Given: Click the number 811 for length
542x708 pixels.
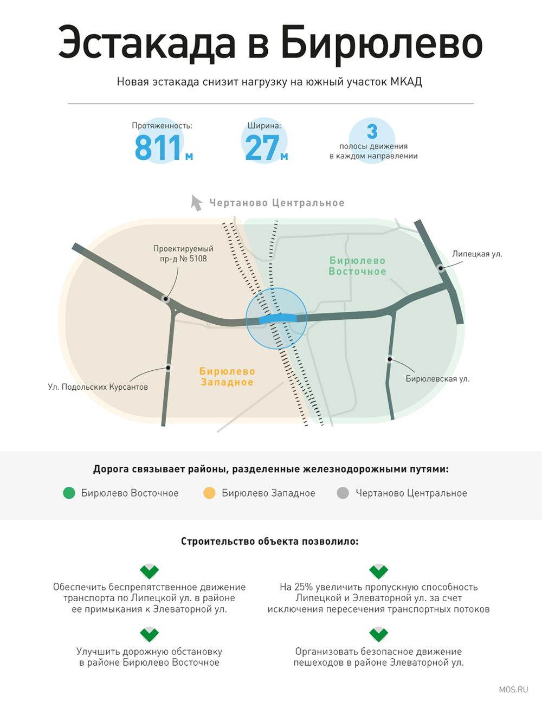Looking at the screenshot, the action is coord(158,147).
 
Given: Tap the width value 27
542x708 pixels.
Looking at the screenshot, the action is coord(262,147).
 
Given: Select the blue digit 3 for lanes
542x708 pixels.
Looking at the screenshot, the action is coord(372,131).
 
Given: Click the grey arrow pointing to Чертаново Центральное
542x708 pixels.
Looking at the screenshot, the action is coord(196,203).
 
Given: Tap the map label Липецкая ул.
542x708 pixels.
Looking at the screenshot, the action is coord(477,254).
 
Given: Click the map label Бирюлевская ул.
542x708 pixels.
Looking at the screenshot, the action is coord(437,378).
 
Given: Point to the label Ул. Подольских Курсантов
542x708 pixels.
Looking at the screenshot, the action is coord(98,387).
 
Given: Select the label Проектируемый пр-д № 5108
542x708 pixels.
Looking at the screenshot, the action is coord(183,254).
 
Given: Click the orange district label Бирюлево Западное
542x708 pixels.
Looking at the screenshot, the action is coord(227,376).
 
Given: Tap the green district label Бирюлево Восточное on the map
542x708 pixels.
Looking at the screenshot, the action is coord(357,266).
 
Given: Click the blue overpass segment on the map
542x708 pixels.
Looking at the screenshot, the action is coord(278,318).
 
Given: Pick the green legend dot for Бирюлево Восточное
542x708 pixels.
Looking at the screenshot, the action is coord(69,493).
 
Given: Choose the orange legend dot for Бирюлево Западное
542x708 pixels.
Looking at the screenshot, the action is coord(209,493).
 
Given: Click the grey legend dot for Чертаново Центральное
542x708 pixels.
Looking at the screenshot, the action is coord(343,493).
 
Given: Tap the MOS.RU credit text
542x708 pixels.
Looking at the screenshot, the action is coord(513,690).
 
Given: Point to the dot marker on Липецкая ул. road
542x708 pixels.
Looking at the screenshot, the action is coord(441,268).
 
